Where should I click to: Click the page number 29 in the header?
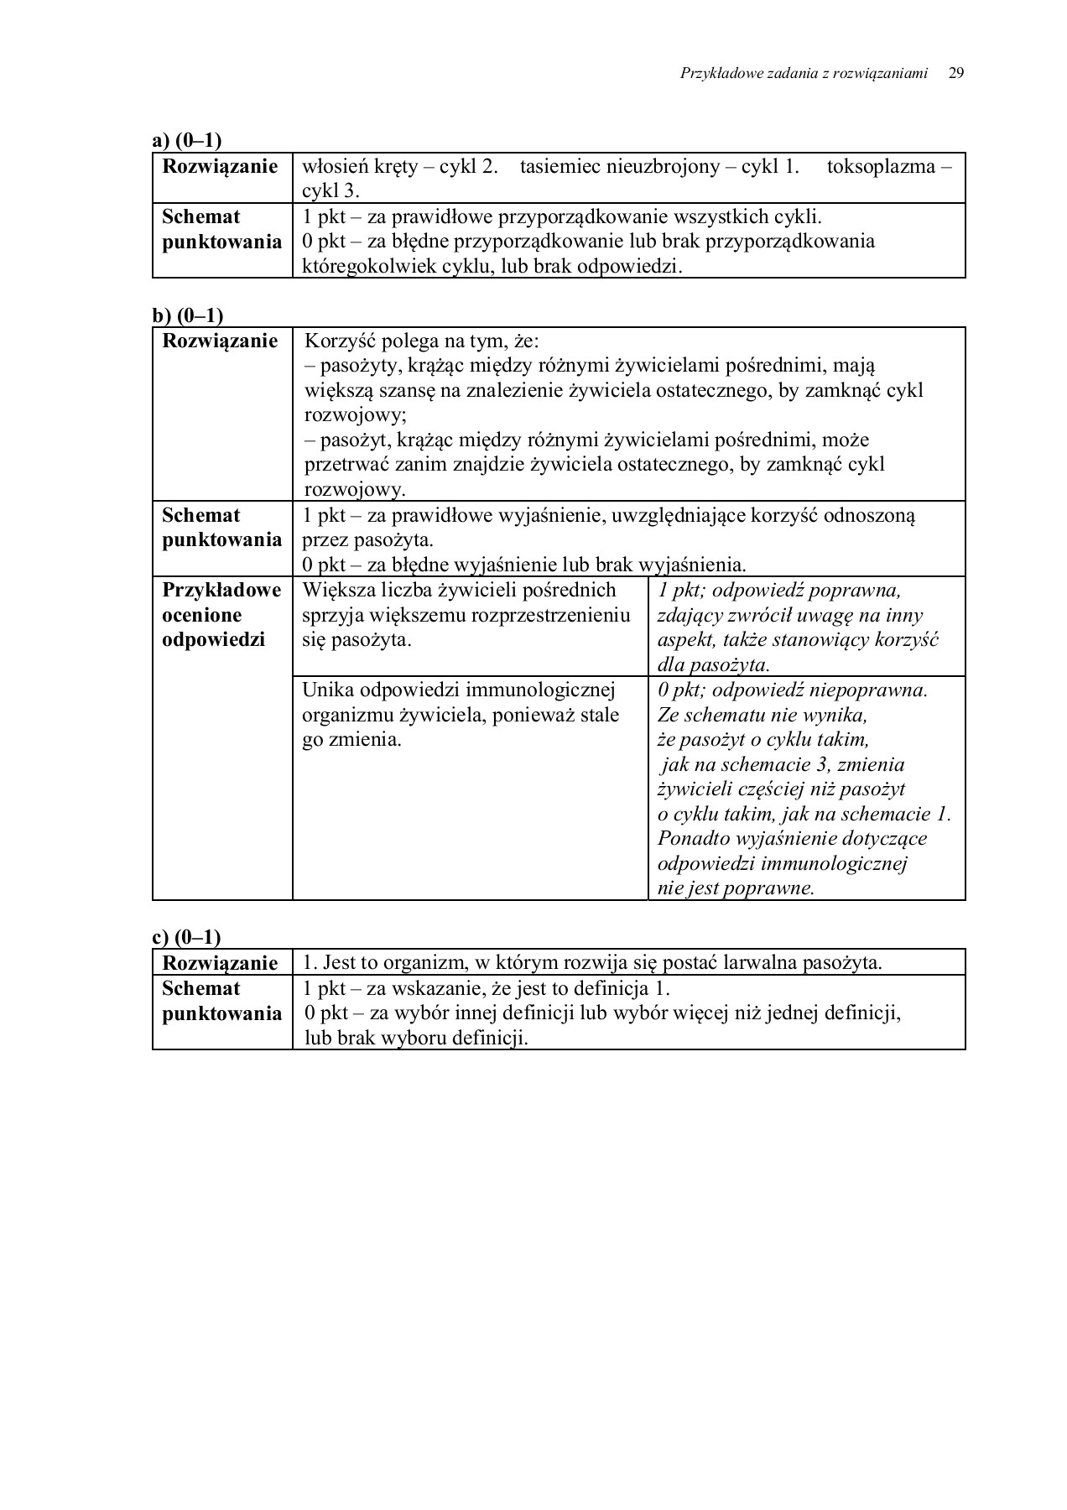(955, 73)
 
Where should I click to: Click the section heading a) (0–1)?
(187, 141)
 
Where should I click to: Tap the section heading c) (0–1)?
(187, 937)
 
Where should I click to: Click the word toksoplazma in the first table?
(882, 166)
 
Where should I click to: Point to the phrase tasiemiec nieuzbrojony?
(619, 166)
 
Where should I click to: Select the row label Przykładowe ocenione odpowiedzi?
(221, 615)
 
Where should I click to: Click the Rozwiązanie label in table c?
(220, 963)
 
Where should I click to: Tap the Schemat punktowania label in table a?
(221, 229)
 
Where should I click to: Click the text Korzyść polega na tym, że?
(422, 341)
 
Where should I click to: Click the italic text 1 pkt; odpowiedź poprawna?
(779, 591)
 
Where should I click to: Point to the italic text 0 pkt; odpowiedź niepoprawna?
(793, 690)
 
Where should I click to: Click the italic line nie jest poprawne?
(736, 888)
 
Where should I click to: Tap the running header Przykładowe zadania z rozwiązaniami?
(804, 74)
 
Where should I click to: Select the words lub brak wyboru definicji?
(416, 1038)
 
